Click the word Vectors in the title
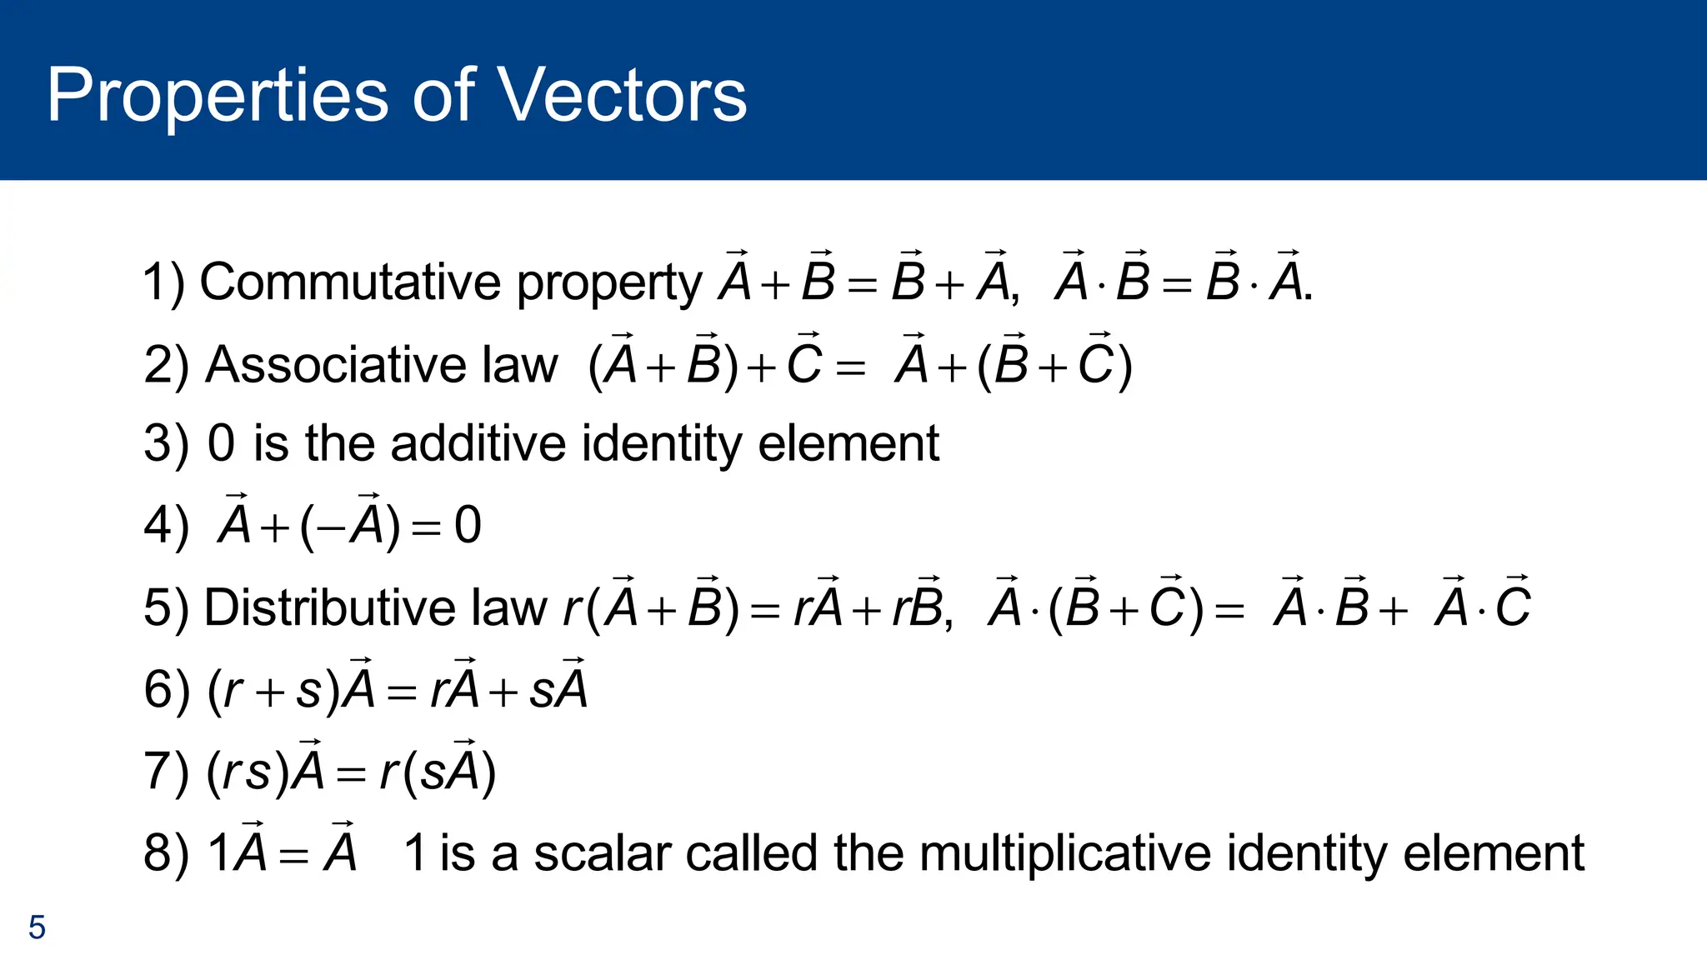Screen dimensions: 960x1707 [x=622, y=95]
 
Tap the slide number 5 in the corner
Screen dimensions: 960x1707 [x=37, y=927]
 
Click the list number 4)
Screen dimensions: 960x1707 [x=166, y=526]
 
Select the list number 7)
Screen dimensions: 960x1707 [x=166, y=772]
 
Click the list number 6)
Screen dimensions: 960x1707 [x=166, y=690]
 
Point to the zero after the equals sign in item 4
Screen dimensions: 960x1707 [x=468, y=526]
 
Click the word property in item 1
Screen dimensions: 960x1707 [x=609, y=283]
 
